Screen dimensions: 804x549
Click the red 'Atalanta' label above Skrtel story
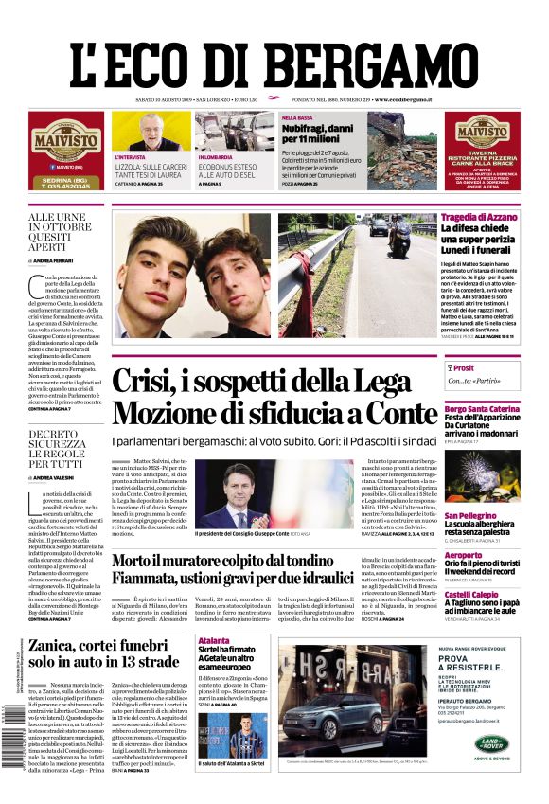[214, 641]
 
